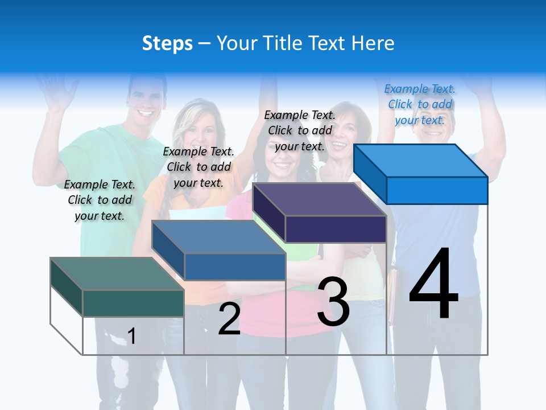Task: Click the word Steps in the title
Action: pos(167,44)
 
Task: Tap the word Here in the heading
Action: pos(373,44)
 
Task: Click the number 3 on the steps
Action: pos(333,302)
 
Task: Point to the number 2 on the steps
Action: pos(229,319)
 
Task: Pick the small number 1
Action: pos(132,336)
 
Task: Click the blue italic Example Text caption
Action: pos(420,104)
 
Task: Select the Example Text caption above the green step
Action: pos(100,200)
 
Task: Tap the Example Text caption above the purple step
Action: pos(300,130)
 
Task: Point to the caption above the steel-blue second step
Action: pos(198,167)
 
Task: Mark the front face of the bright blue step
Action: pos(437,190)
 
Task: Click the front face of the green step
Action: pos(133,303)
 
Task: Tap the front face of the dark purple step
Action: pos(336,229)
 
